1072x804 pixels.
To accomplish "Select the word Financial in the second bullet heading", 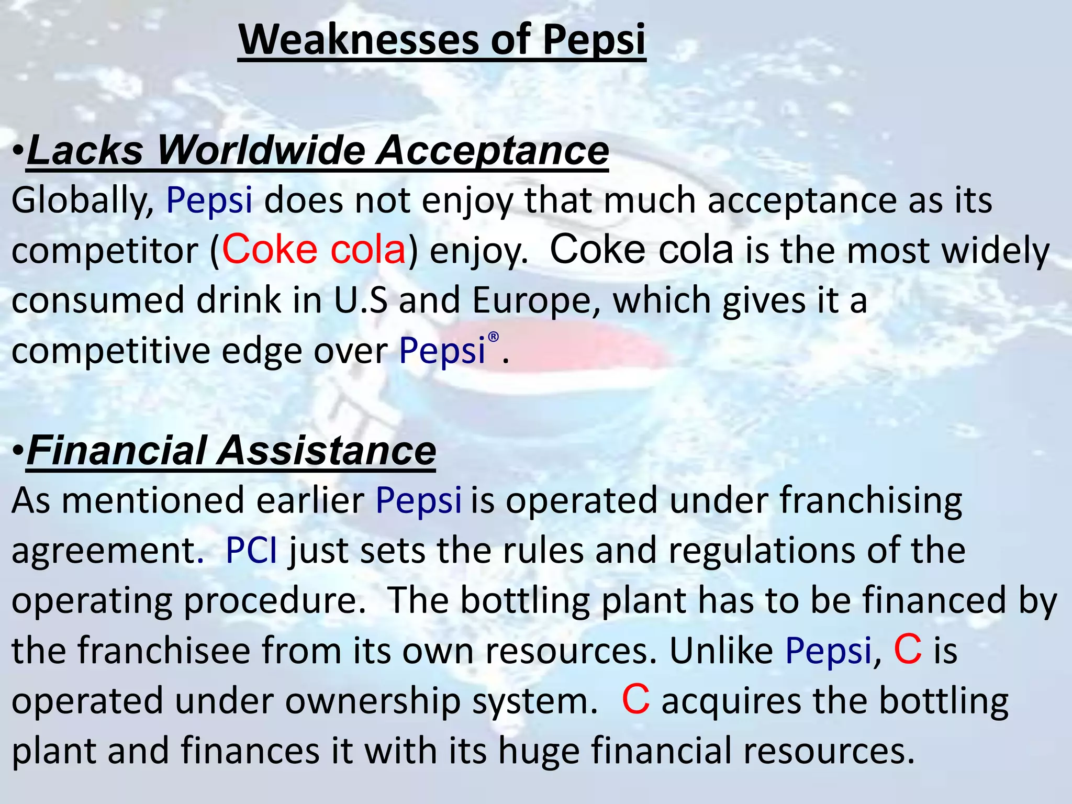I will pos(116,451).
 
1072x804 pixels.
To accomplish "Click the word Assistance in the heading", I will pos(327,451).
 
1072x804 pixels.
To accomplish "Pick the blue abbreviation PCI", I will pos(251,551).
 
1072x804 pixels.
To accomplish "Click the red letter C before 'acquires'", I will pos(635,700).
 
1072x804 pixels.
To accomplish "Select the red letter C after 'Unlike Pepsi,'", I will pos(908,650).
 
